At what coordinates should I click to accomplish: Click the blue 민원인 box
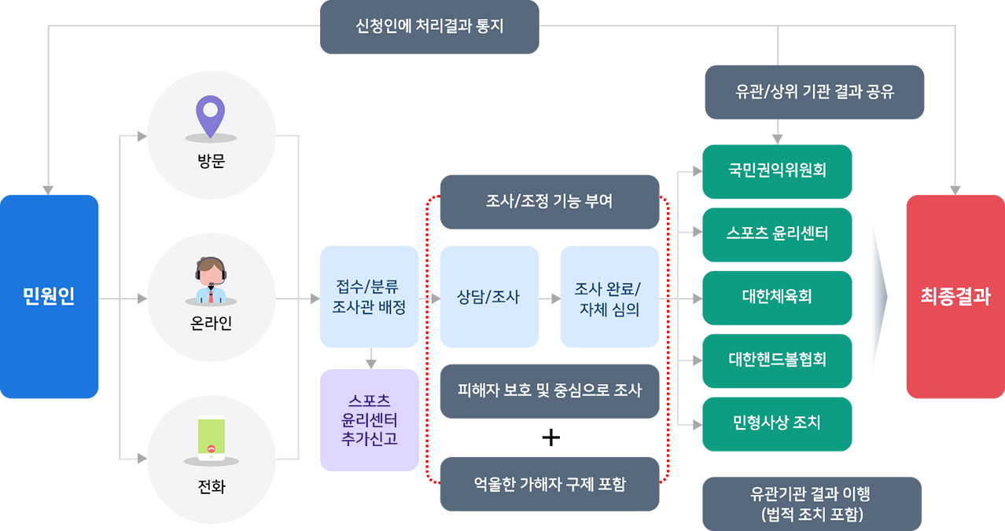[x=49, y=297]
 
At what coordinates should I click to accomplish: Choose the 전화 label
[x=211, y=487]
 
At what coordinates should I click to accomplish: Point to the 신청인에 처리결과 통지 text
[x=429, y=26]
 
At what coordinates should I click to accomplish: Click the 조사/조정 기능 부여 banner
[x=549, y=202]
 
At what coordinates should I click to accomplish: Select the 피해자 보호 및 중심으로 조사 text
[x=549, y=390]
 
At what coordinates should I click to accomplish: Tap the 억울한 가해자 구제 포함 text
[x=549, y=484]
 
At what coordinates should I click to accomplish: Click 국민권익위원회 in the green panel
[x=777, y=170]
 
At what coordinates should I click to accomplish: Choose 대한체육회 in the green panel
[x=777, y=297]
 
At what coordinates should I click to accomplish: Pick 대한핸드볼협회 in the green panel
[x=777, y=360]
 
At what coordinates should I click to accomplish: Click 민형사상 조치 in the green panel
[x=777, y=423]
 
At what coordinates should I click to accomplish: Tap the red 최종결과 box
[x=955, y=297]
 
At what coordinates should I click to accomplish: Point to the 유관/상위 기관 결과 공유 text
[x=815, y=92]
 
